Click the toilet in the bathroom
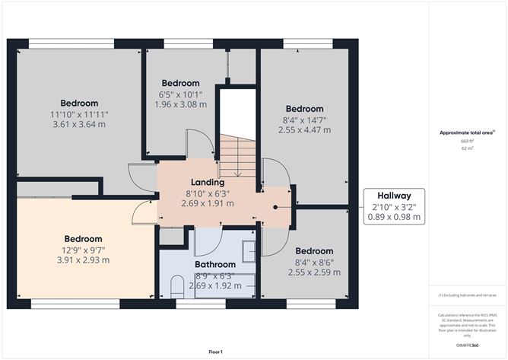tap(177, 286)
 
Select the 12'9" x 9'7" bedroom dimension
tap(83, 249)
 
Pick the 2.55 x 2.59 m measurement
tap(314, 272)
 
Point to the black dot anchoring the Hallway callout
tap(275, 205)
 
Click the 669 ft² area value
tap(466, 142)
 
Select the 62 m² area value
tap(466, 149)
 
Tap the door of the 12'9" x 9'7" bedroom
tap(142, 215)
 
